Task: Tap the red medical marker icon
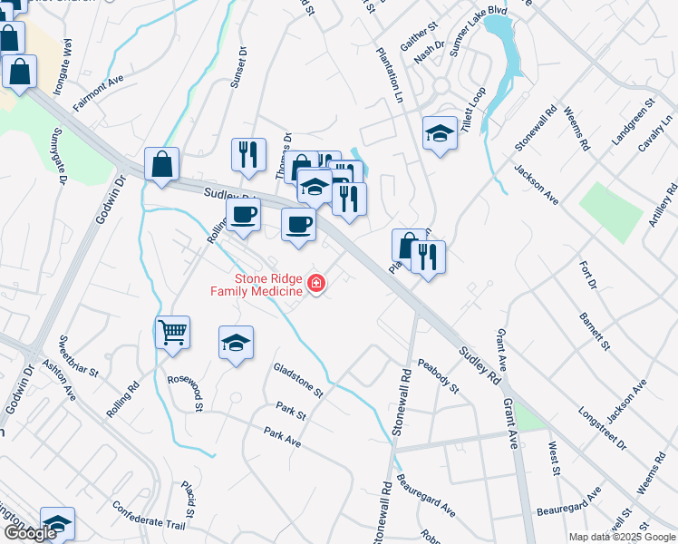coord(316,285)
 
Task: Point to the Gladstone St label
coord(298,380)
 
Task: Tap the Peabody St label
coord(439,375)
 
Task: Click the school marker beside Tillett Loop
coord(440,133)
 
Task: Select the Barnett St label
coord(596,334)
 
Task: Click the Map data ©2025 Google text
coord(621,537)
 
